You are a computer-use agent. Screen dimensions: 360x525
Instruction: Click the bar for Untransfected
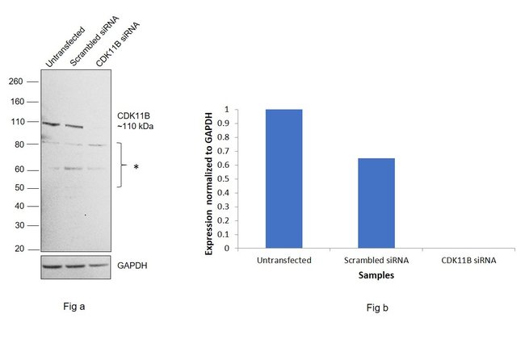tap(283, 178)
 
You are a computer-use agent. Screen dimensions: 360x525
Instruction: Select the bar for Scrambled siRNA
tap(376, 203)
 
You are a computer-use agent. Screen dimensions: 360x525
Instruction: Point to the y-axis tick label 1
tap(228, 109)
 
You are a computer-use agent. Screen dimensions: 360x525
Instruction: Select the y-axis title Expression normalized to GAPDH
tap(209, 179)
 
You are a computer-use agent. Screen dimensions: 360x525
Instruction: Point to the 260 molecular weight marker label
tap(15, 82)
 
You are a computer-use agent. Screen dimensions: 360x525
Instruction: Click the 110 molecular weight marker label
tap(15, 122)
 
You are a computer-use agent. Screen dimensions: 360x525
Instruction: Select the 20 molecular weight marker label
tap(17, 249)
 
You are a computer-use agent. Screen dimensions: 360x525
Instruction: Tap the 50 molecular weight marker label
tap(17, 188)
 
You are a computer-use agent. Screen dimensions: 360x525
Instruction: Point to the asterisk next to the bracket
tap(136, 167)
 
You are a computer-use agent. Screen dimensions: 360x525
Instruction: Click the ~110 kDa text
tap(135, 127)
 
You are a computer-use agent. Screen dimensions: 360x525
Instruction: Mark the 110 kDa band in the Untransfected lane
tap(52, 123)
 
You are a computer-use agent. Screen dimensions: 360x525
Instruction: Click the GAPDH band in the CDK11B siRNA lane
tap(97, 265)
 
